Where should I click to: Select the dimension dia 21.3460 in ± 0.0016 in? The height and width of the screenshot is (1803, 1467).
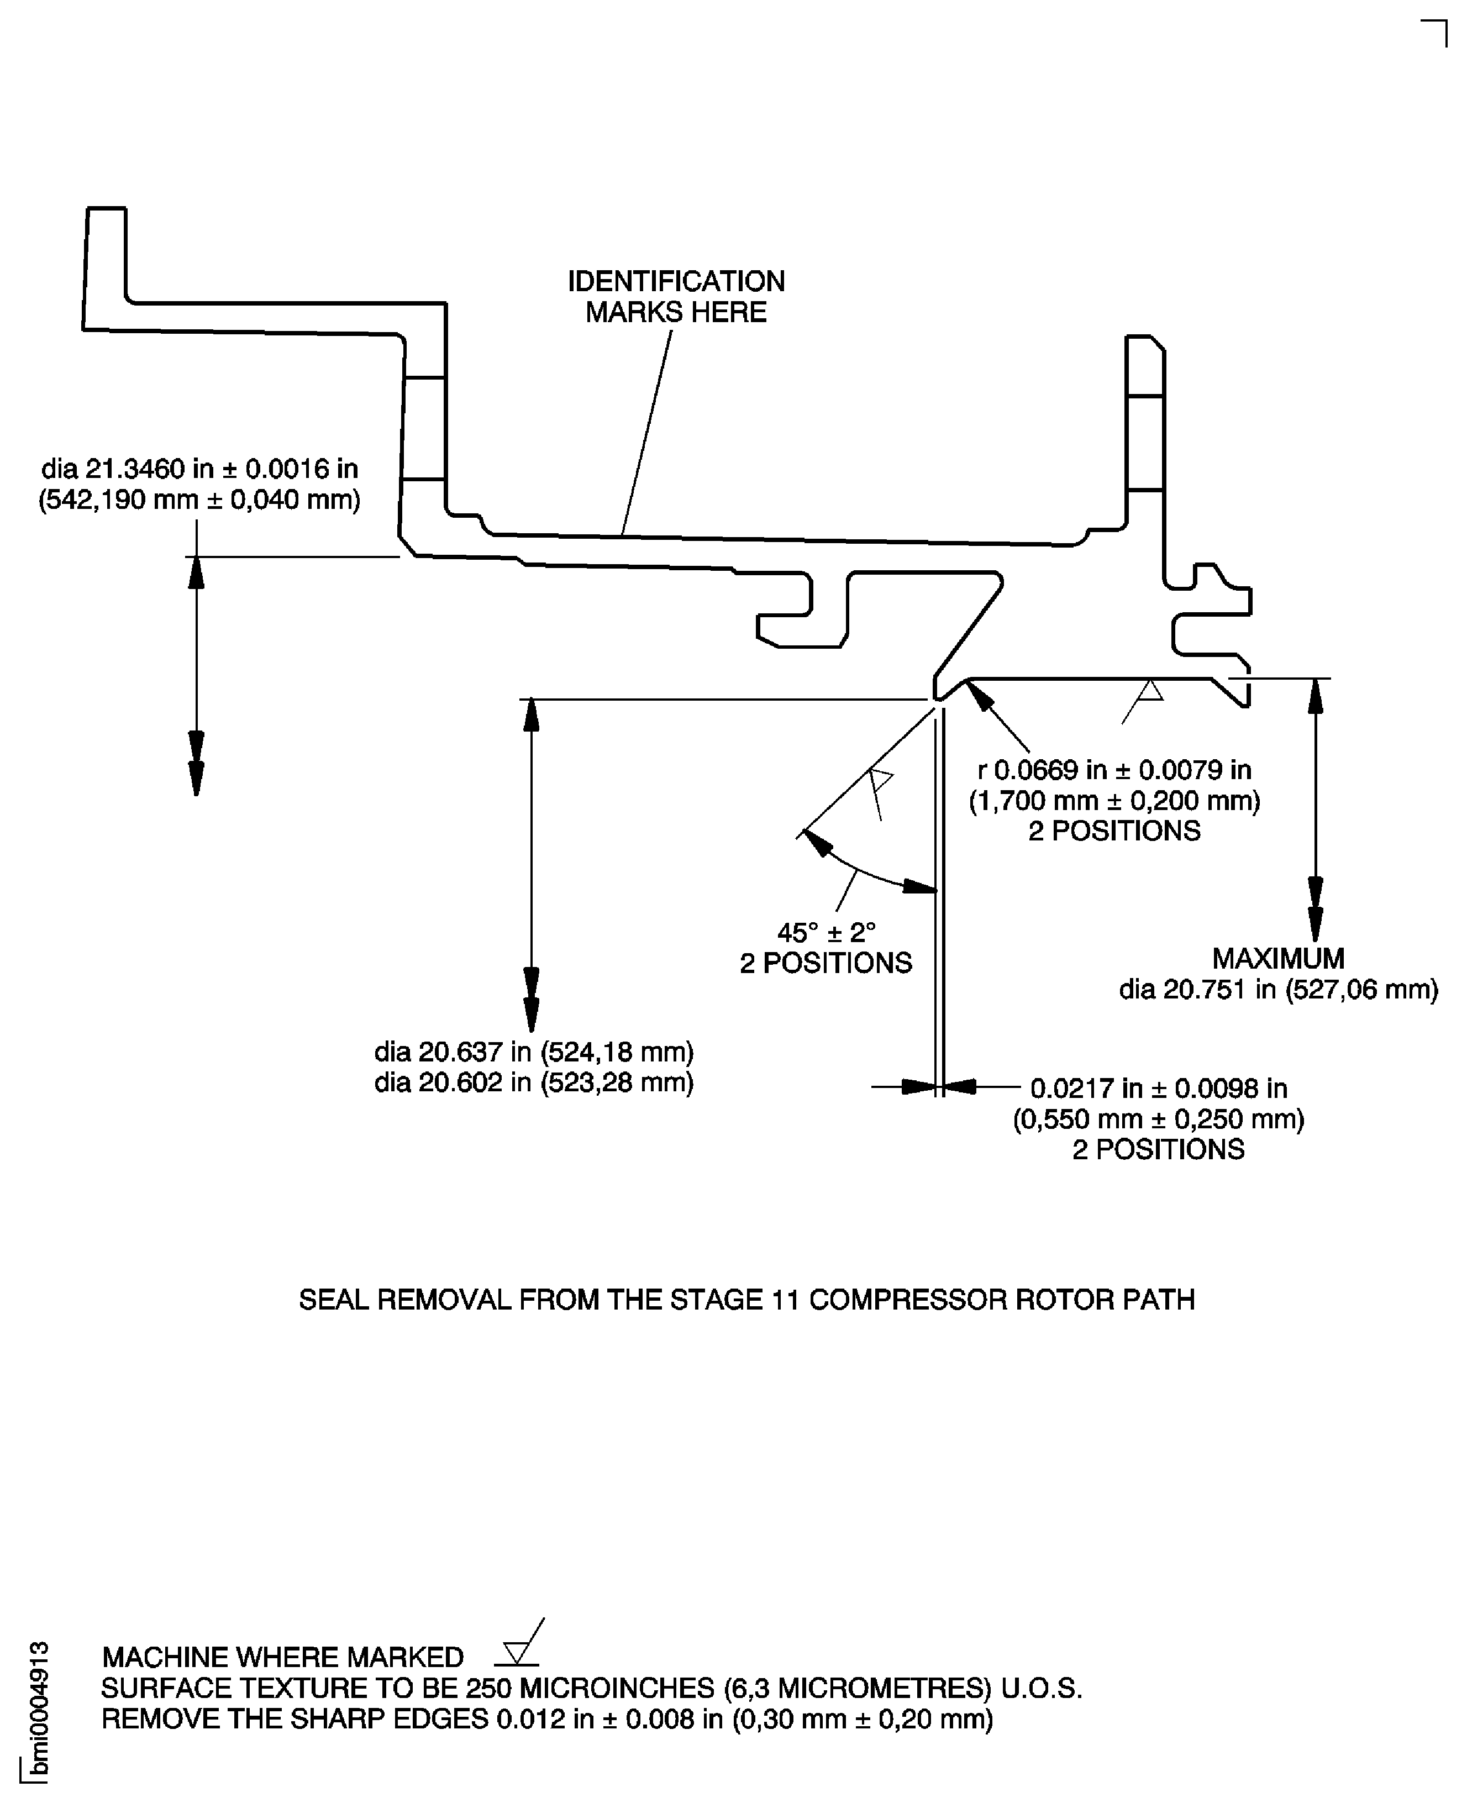pos(199,469)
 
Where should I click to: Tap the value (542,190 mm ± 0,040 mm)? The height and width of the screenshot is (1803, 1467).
pos(199,500)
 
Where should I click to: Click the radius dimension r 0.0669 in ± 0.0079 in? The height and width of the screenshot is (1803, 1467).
pos(1114,770)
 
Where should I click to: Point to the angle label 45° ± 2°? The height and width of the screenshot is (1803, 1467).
pos(825,933)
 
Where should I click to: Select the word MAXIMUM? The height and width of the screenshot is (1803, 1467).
pos(1277,958)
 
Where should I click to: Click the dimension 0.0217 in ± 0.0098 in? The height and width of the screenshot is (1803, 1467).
pos(1158,1088)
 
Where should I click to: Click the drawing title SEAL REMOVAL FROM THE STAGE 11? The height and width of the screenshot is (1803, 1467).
pos(746,1300)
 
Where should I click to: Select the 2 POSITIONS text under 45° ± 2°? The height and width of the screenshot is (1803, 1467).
pos(825,963)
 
